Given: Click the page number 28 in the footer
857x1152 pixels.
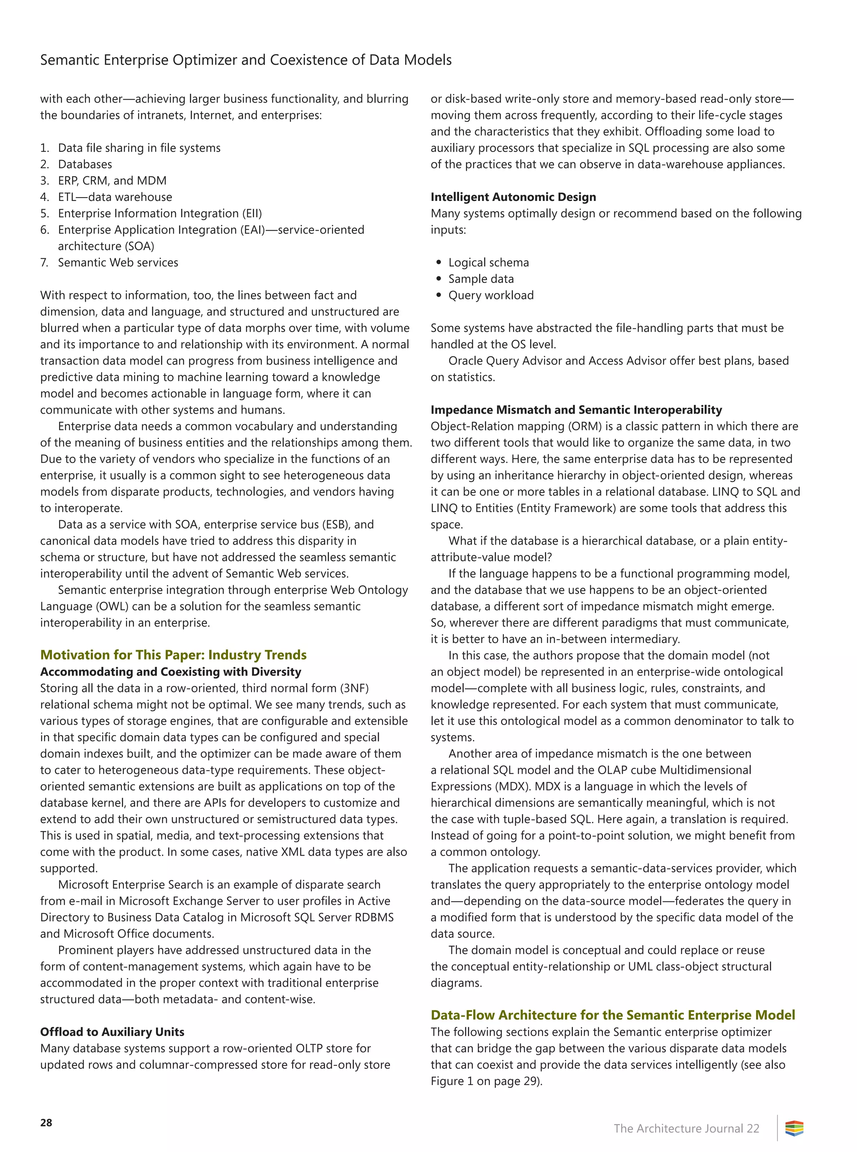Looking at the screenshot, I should tap(46, 1122).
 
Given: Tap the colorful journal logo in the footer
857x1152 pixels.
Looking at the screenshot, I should tap(794, 1128).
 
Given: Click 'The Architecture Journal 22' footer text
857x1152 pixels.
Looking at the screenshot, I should tap(686, 1128).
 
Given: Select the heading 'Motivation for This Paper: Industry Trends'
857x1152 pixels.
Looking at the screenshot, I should tap(173, 655).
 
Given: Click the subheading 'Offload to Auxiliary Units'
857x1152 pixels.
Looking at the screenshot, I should tap(112, 1031).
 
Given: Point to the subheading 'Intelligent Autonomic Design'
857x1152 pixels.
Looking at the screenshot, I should tap(513, 197).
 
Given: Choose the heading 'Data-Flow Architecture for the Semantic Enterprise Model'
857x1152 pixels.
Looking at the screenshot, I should tap(613, 1015).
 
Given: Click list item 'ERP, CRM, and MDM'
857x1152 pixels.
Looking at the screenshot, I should tap(112, 180).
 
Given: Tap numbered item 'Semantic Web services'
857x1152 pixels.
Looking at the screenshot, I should tap(118, 262).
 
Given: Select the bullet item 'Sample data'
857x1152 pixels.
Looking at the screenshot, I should tap(481, 279).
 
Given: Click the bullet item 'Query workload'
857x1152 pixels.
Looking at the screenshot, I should tap(491, 295).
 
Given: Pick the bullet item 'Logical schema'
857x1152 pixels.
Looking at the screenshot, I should tap(488, 262).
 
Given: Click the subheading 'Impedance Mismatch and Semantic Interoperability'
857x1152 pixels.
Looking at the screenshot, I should tap(576, 410).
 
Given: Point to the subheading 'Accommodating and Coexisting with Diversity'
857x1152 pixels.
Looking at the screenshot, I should tap(171, 671).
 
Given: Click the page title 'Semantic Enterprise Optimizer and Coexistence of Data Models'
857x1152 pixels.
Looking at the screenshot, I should tap(246, 60).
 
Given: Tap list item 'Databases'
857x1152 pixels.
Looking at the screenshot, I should tap(85, 164).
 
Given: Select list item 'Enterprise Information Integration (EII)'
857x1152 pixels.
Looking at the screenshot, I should tap(160, 213).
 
